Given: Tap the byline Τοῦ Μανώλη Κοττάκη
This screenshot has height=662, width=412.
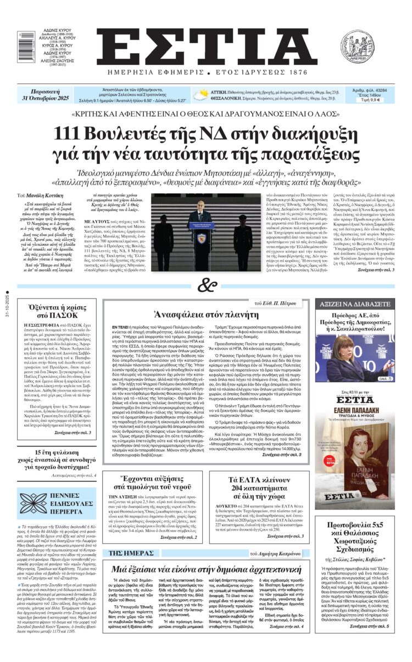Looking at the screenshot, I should click(44, 195).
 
